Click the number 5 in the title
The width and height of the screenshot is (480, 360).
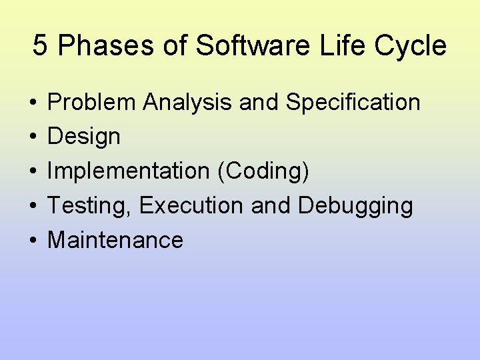click(40, 46)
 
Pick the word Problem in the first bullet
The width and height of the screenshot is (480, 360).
click(92, 103)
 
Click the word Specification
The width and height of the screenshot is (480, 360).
click(353, 103)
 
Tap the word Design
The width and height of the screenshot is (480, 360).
click(84, 137)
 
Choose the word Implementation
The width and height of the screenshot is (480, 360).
click(128, 171)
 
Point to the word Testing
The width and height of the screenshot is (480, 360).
click(90, 206)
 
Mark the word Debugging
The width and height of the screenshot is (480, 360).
click(355, 206)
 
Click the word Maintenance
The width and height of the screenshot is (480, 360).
click(115, 240)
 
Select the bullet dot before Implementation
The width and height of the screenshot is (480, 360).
click(32, 172)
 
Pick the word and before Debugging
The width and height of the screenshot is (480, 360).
click(271, 206)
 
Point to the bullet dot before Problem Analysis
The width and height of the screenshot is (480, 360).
click(32, 103)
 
